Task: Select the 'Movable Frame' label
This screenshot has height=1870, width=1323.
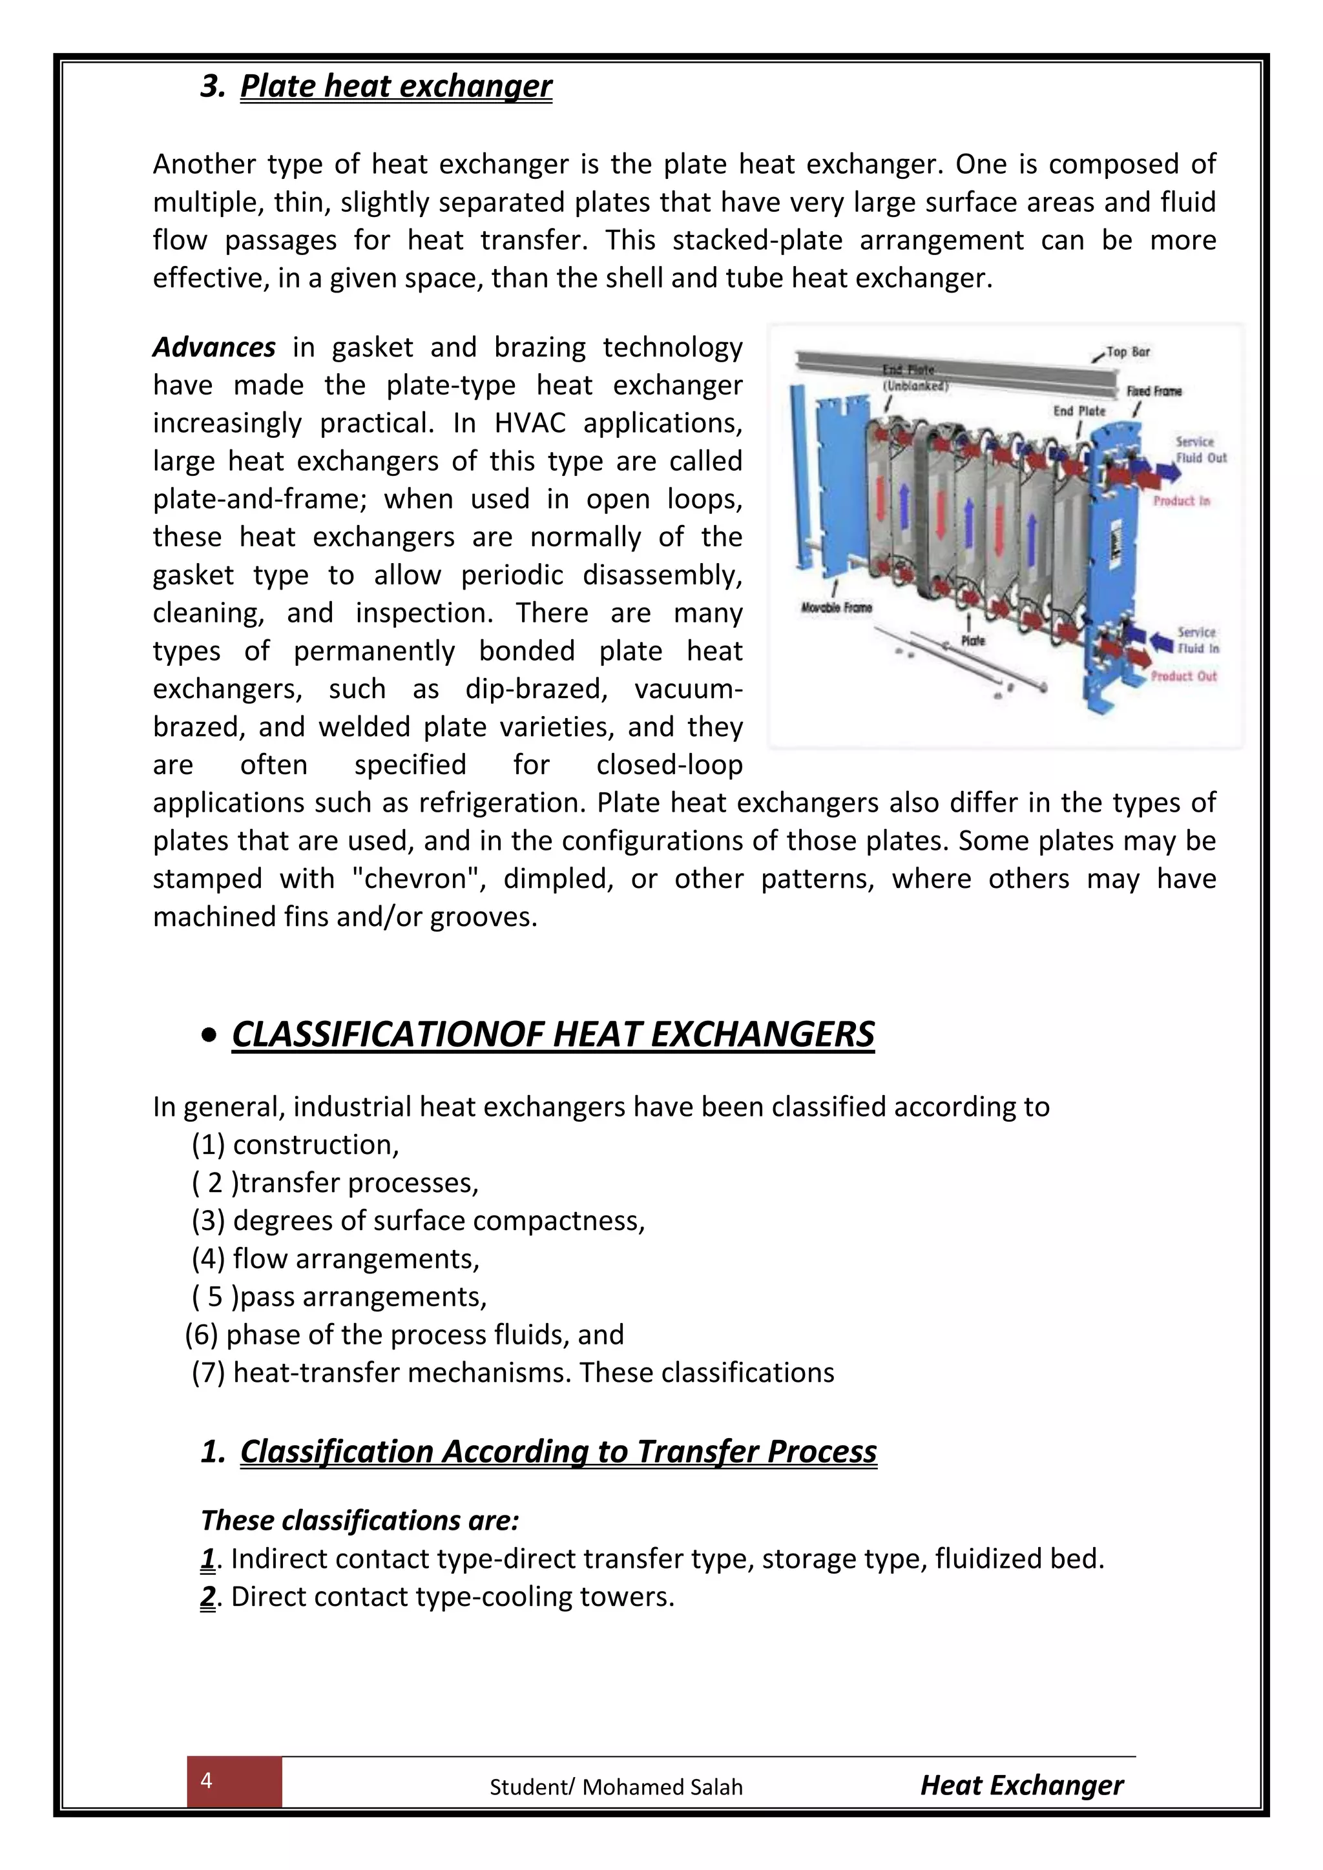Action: (x=837, y=608)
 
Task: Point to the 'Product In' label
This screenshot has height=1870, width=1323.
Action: (x=1182, y=501)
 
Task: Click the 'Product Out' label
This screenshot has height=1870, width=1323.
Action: (x=1183, y=676)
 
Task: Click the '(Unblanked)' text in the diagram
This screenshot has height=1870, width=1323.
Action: (x=915, y=386)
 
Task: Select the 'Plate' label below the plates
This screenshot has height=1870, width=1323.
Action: (x=973, y=641)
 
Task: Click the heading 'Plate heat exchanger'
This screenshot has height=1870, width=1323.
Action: (x=396, y=87)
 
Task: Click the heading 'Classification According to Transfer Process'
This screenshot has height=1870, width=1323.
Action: (x=558, y=1452)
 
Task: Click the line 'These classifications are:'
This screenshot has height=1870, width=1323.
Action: (x=360, y=1521)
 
